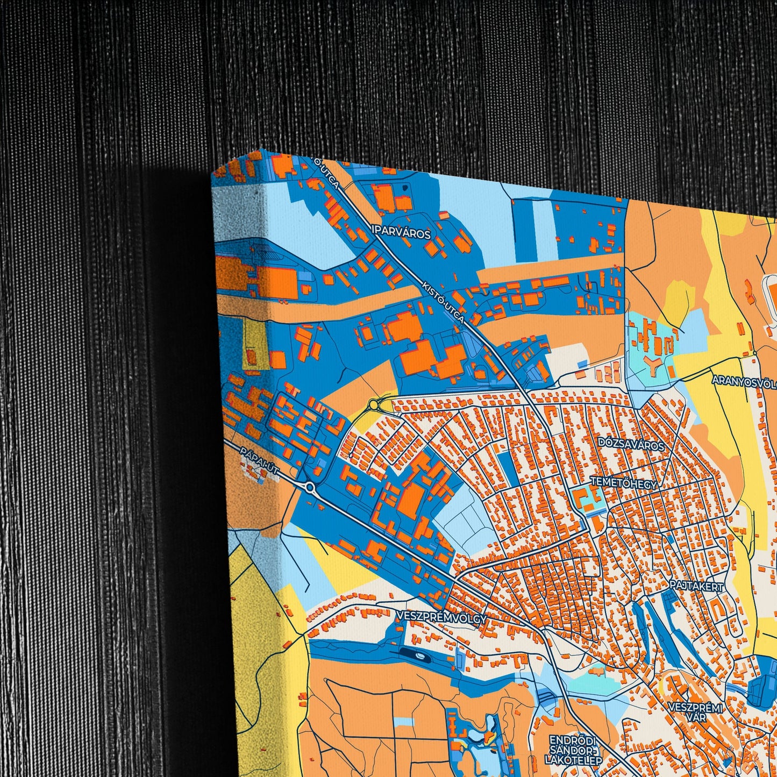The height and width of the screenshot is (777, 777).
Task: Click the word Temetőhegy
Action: click(x=624, y=483)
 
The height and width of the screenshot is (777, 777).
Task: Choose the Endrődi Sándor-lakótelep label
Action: click(x=573, y=750)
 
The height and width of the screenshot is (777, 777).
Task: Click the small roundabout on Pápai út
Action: click(x=310, y=488)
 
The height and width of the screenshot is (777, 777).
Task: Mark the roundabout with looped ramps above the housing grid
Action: click(x=373, y=404)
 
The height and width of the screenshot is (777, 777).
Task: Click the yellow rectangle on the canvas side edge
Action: click(x=250, y=342)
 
